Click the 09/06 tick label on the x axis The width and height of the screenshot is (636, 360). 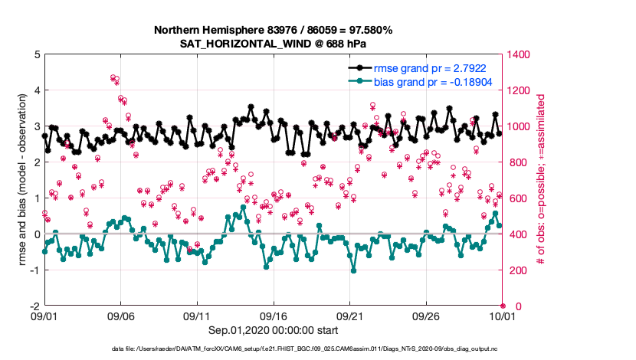pos(120,315)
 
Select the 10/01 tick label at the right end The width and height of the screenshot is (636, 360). pos(502,315)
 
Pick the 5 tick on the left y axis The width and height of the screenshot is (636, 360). pos(36,55)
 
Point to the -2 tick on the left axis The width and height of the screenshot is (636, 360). pos(34,306)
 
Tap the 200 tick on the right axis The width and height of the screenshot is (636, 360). pos(516,270)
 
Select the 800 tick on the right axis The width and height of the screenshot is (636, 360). pos(516,162)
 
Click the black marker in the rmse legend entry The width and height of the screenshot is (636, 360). pos(359,67)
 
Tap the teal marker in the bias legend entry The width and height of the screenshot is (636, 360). pos(359,81)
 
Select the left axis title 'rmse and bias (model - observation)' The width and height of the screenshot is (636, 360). pos(17,180)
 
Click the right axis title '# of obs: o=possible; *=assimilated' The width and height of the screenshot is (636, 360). pos(540,180)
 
